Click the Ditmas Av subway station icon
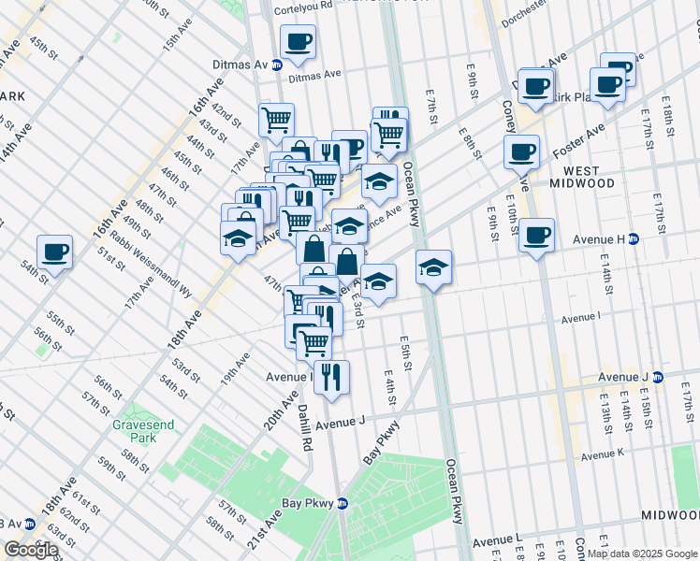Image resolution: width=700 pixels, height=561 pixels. pyautogui.click(x=277, y=65)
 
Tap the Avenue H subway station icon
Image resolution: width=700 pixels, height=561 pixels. pyautogui.click(x=633, y=239)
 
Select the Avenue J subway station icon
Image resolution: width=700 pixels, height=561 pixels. pyautogui.click(x=657, y=377)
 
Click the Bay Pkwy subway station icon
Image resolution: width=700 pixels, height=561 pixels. pyautogui.click(x=343, y=503)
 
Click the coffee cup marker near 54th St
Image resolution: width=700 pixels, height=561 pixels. pyautogui.click(x=55, y=251)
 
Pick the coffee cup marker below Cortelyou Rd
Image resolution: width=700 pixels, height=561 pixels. pyautogui.click(x=298, y=41)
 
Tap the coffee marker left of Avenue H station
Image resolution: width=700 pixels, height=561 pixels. pyautogui.click(x=536, y=235)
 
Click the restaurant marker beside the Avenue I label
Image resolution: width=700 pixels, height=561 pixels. pyautogui.click(x=332, y=377)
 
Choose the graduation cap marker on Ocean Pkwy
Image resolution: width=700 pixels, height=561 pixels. pyautogui.click(x=433, y=266)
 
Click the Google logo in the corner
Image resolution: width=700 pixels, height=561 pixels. pyautogui.click(x=31, y=550)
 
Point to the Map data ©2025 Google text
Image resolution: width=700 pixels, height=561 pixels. pyautogui.click(x=642, y=554)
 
